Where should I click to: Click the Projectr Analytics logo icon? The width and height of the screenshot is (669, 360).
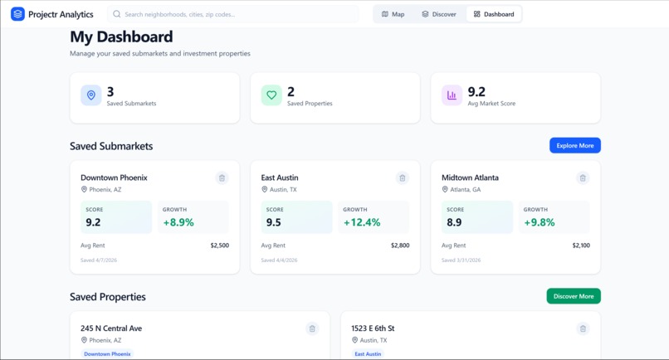pyautogui.click(x=17, y=14)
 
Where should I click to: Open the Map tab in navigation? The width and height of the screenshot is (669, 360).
pyautogui.click(x=393, y=14)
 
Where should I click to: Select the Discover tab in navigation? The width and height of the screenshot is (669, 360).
pyautogui.click(x=439, y=14)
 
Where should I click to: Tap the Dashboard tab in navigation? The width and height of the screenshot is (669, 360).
pyautogui.click(x=494, y=14)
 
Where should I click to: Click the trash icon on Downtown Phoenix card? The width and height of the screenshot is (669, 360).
pyautogui.click(x=222, y=178)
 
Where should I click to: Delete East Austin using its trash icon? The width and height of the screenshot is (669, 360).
pyautogui.click(x=403, y=178)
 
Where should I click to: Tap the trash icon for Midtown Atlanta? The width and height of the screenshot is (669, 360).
pyautogui.click(x=583, y=178)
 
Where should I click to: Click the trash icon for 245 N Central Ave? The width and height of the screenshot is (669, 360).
pyautogui.click(x=312, y=328)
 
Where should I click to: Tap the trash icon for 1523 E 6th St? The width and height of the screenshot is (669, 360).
pyautogui.click(x=583, y=328)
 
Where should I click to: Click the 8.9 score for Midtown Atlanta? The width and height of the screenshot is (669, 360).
pyautogui.click(x=454, y=222)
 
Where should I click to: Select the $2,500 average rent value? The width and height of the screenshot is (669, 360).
pyautogui.click(x=219, y=246)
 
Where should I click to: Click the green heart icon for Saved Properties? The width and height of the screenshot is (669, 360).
pyautogui.click(x=271, y=95)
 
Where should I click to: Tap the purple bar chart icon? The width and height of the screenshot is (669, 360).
pyautogui.click(x=452, y=95)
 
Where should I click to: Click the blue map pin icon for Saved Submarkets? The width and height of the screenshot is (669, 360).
pyautogui.click(x=91, y=95)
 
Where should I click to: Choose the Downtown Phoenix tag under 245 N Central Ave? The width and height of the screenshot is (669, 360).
pyautogui.click(x=107, y=354)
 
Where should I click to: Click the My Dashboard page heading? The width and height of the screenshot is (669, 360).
pyautogui.click(x=121, y=36)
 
